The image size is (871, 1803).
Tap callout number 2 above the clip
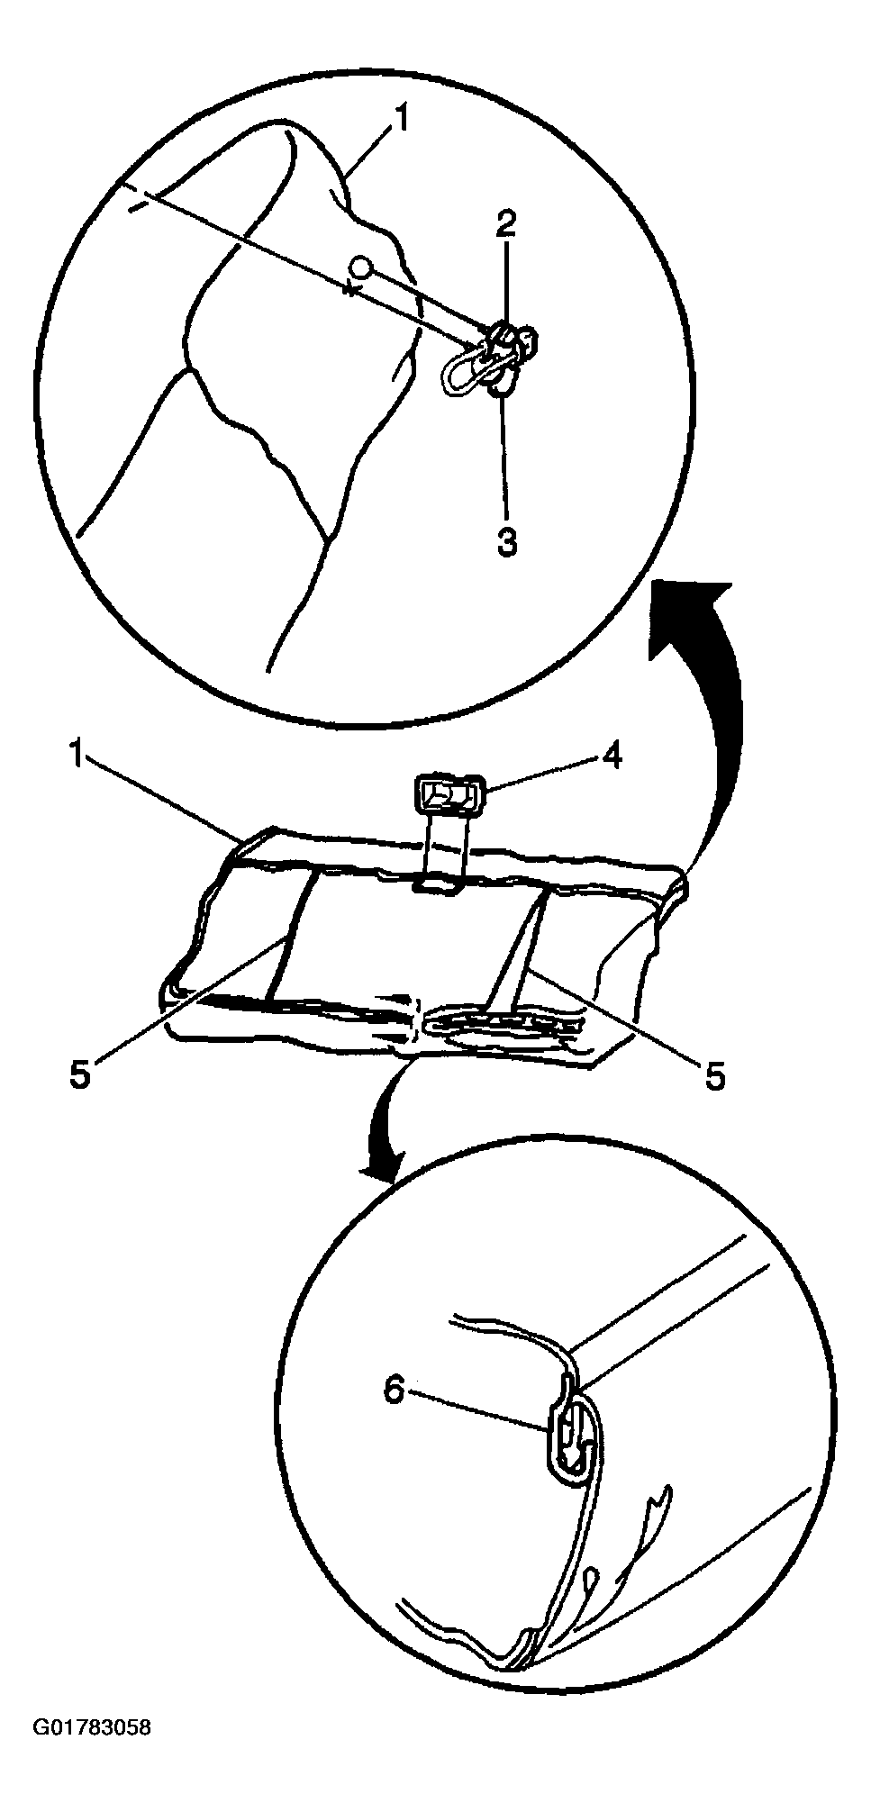click(506, 223)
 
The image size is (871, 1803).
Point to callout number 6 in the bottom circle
click(394, 1391)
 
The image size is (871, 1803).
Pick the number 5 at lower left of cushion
click(81, 1076)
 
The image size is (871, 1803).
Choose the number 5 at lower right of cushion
click(714, 1076)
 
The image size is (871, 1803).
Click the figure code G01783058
click(92, 1728)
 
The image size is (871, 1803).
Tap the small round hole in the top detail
click(360, 267)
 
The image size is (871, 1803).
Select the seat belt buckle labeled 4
click(449, 796)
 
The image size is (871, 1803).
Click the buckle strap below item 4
click(447, 847)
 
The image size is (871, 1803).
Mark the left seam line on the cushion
click(290, 936)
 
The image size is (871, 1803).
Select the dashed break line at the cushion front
click(417, 1020)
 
